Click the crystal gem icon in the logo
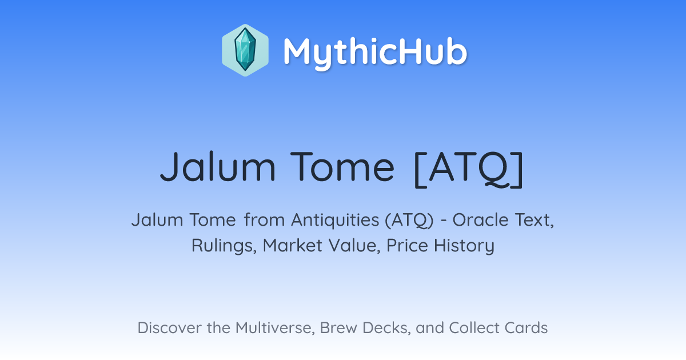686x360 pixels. pyautogui.click(x=245, y=50)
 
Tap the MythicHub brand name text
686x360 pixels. pyautogui.click(x=375, y=52)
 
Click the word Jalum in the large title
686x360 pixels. pyautogui.click(x=218, y=167)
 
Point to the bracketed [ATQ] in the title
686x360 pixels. pyautogui.click(x=469, y=169)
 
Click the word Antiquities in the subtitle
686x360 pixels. pyautogui.click(x=335, y=220)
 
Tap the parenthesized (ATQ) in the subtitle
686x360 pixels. pyautogui.click(x=409, y=221)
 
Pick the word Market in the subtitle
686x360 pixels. pyautogui.click(x=293, y=246)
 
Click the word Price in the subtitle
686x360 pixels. pyautogui.click(x=407, y=246)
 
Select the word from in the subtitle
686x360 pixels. pyautogui.click(x=264, y=220)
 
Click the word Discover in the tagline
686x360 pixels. pyautogui.click(x=169, y=328)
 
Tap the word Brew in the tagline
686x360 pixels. pyautogui.click(x=338, y=328)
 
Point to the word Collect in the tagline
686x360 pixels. pyautogui.click(x=474, y=328)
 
